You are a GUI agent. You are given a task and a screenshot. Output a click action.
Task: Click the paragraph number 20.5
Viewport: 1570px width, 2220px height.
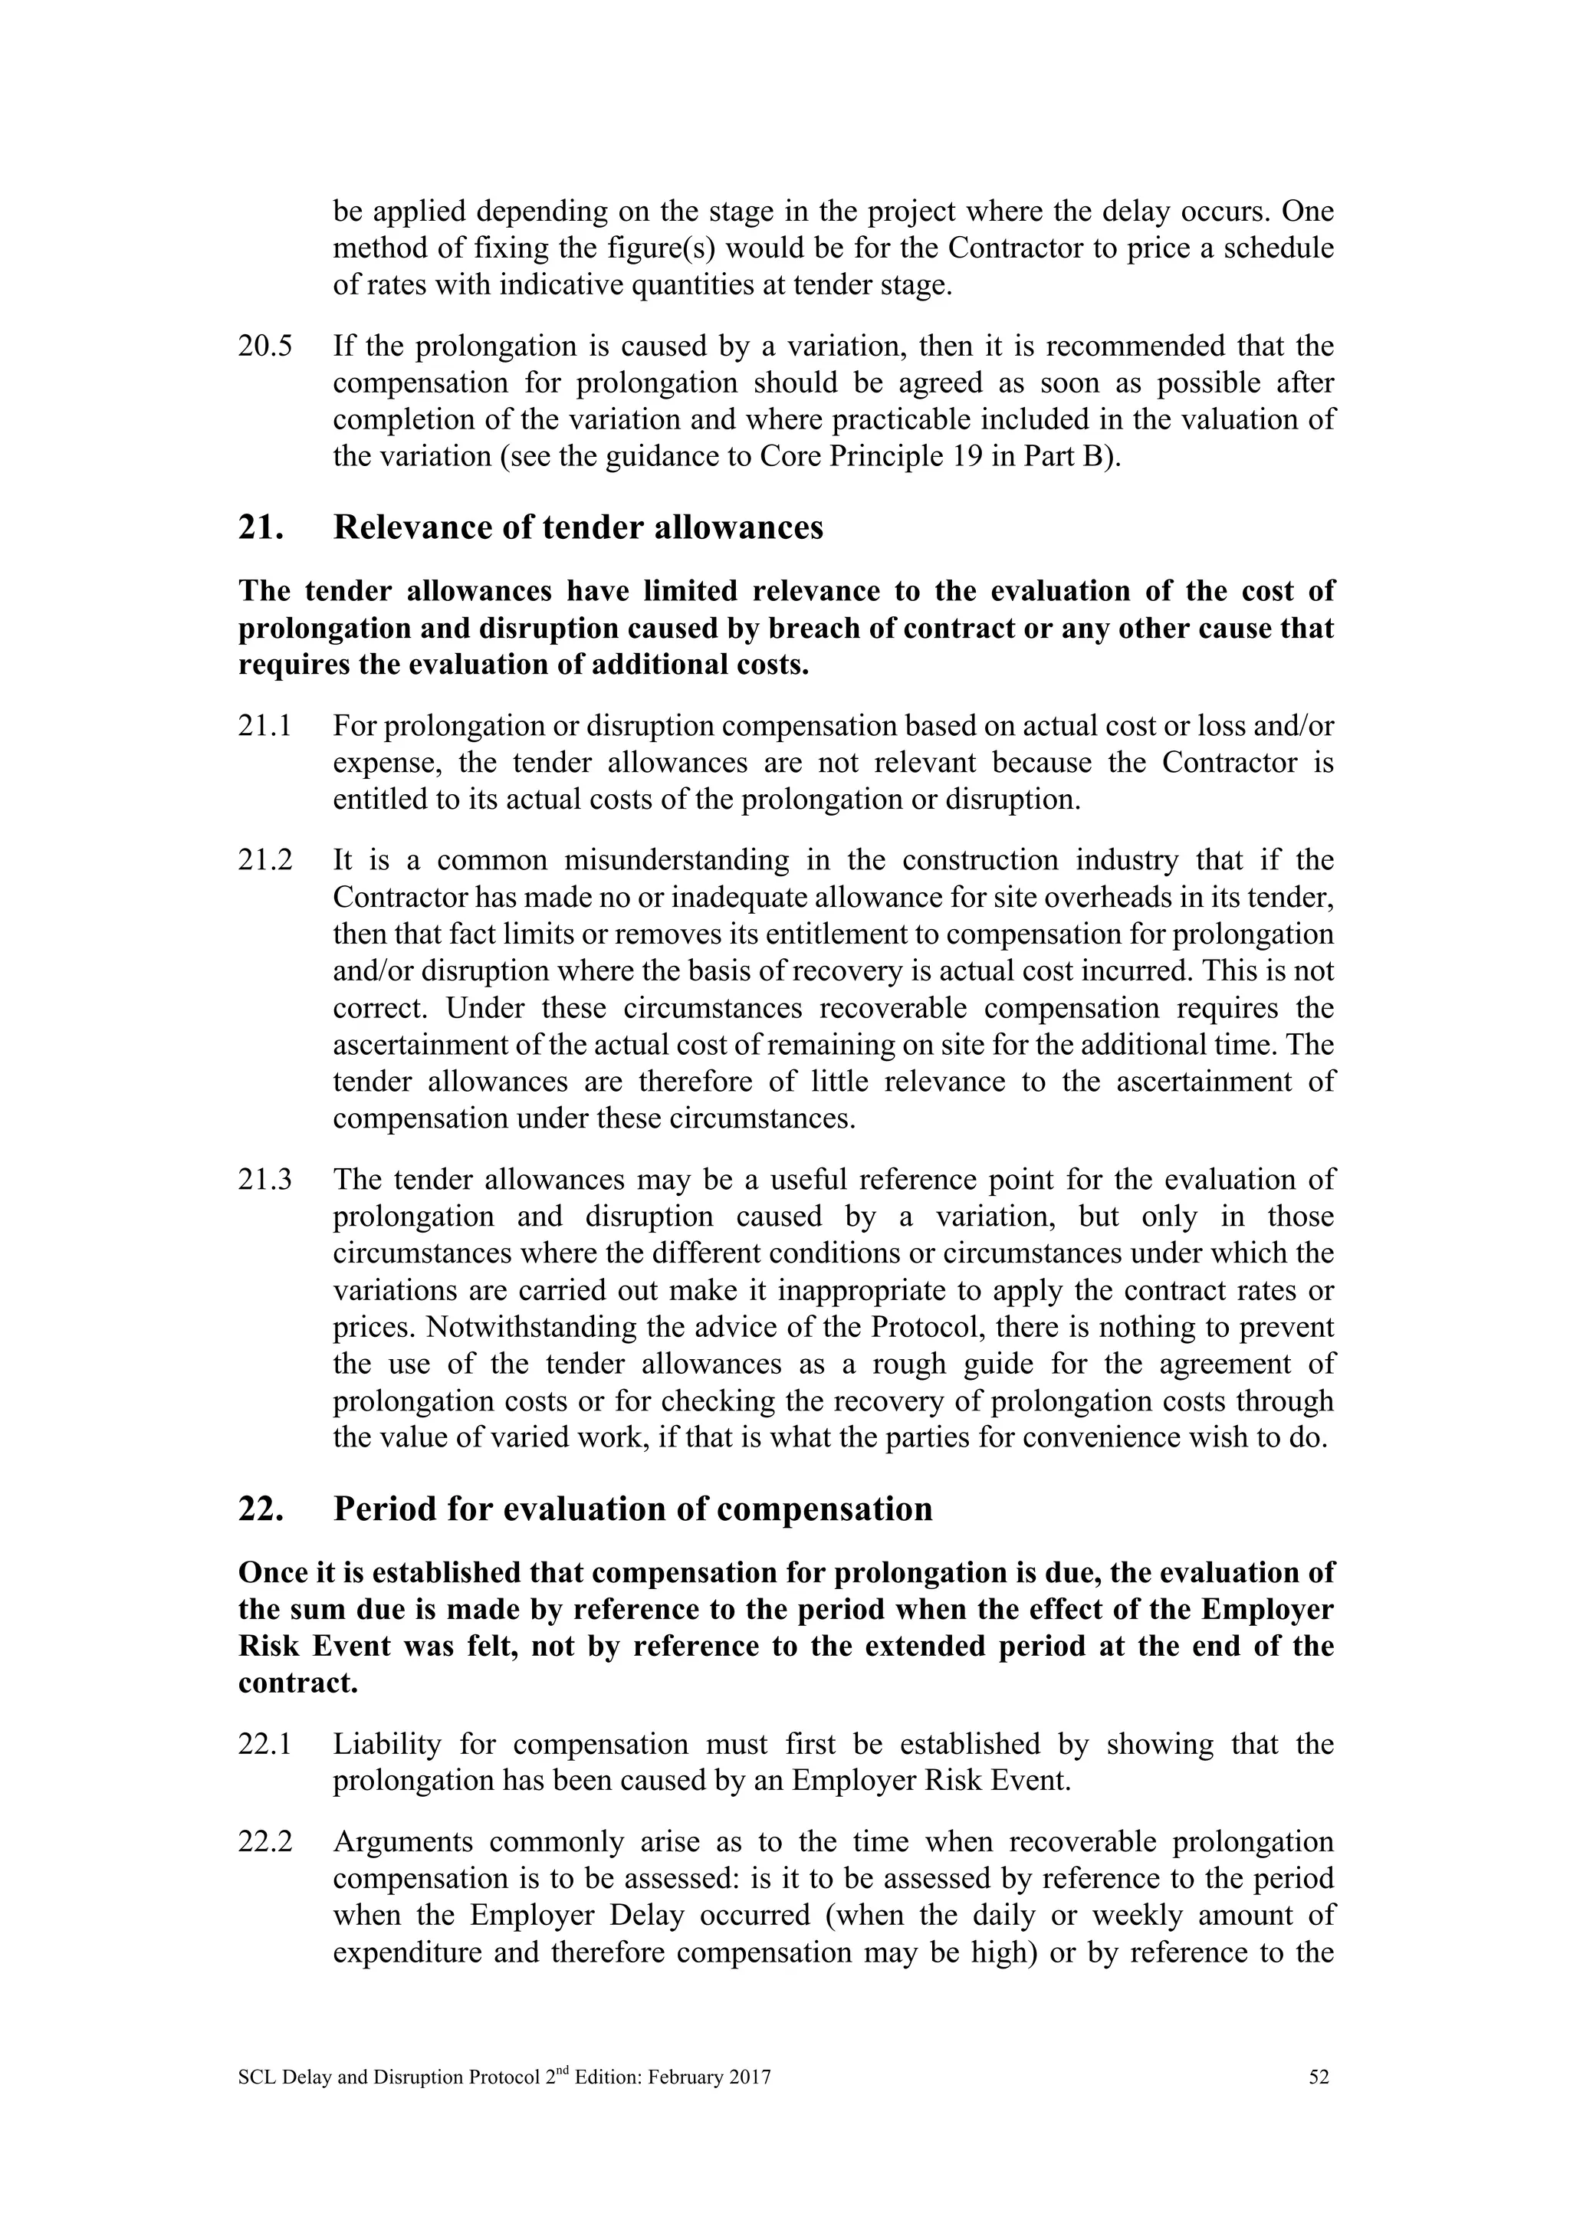pos(265,346)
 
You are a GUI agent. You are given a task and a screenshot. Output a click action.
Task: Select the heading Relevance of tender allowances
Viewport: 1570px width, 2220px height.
pos(578,528)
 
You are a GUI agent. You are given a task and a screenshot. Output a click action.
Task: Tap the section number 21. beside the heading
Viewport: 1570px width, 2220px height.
pos(260,528)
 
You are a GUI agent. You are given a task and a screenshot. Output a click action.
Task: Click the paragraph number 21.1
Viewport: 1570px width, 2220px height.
pos(265,726)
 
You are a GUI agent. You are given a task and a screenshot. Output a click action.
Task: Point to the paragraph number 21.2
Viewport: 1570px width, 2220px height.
pos(265,859)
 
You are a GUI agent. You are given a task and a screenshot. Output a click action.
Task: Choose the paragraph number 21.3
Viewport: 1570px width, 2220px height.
pos(265,1180)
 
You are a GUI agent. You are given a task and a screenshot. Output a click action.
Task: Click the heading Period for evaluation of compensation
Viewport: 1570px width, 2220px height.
pos(632,1509)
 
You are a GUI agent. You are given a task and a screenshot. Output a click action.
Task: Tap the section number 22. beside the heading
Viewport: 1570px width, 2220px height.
pos(260,1509)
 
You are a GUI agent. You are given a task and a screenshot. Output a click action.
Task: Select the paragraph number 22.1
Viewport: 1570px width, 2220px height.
pos(265,1744)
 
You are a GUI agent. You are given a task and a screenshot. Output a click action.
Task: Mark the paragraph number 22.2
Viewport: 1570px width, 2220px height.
pos(265,1842)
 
